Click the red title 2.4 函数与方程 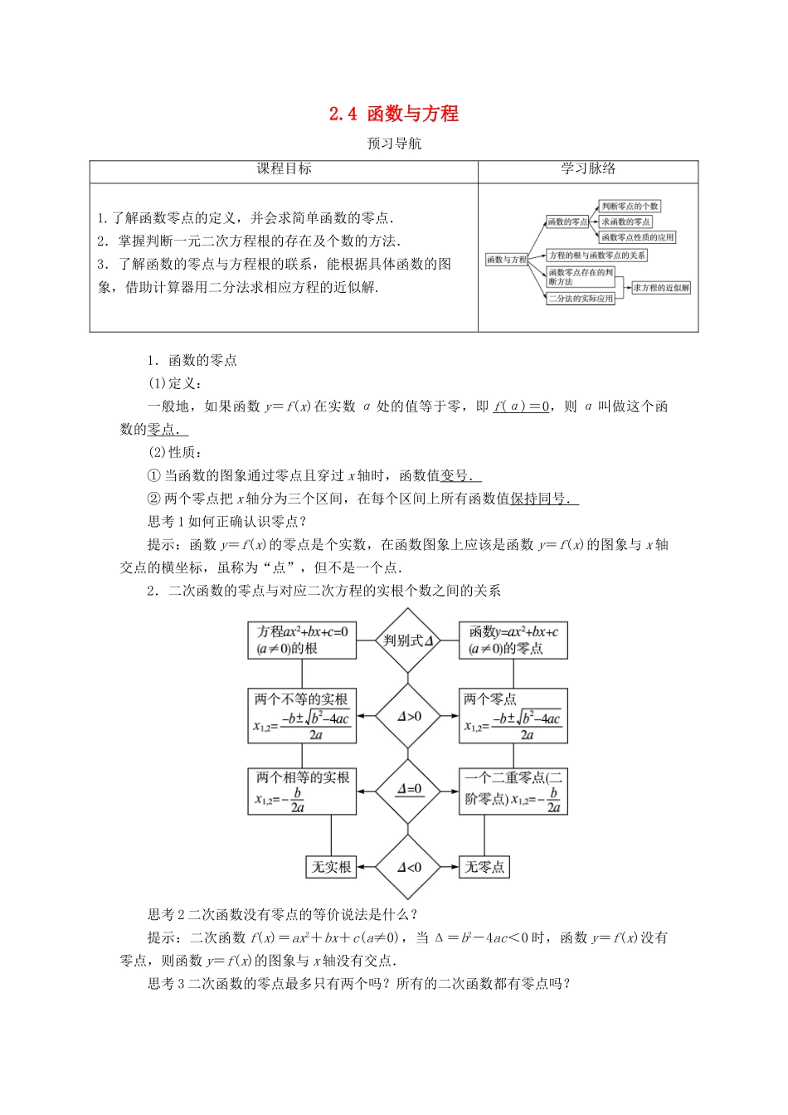point(394,114)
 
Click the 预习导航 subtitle point(394,144)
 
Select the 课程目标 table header point(284,168)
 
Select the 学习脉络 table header point(588,168)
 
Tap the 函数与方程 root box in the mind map point(507,260)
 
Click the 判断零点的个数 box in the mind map point(630,206)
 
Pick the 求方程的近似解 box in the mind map point(661,288)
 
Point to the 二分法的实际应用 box point(581,298)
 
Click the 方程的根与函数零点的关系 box point(596,256)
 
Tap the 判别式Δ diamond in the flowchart point(408,640)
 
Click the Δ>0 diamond point(408,716)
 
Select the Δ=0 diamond point(408,790)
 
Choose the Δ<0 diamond point(408,867)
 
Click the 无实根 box point(331,867)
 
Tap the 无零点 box point(484,867)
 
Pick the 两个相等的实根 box point(302,791)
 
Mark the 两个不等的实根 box point(302,715)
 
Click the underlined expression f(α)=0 point(521,407)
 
